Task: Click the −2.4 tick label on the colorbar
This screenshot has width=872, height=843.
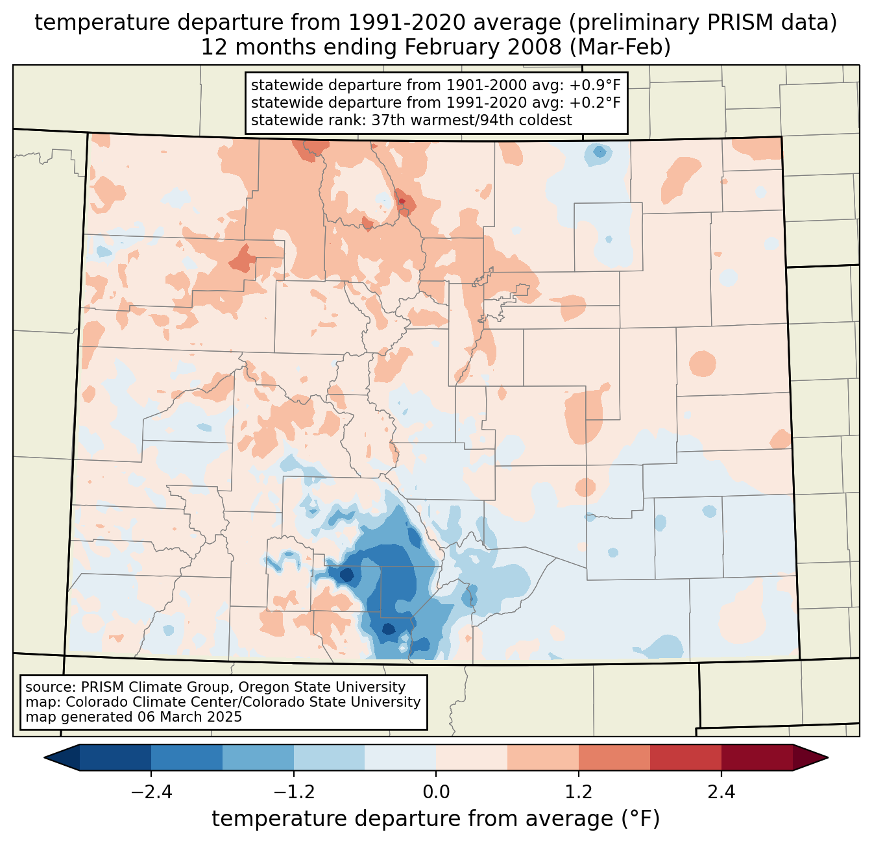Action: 151,792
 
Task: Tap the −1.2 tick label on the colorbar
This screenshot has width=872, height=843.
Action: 293,792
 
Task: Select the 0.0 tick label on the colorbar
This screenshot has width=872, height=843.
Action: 436,792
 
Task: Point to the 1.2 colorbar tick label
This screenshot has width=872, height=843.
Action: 579,792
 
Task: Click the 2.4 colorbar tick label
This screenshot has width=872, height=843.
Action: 721,792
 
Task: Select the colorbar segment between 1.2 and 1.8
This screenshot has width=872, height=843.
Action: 614,757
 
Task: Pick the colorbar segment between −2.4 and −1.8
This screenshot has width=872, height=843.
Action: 187,757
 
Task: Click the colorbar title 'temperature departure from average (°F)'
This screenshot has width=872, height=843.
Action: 435,819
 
